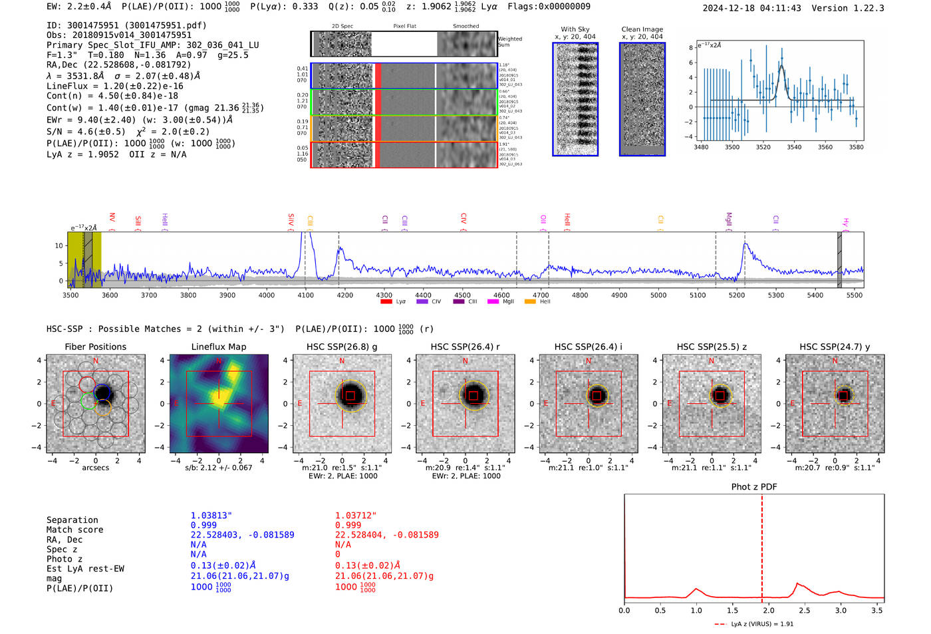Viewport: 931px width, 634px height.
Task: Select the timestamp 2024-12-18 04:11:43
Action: pos(751,8)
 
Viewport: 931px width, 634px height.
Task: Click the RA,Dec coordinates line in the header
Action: pos(118,65)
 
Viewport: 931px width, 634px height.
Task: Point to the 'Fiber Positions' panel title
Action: pos(95,347)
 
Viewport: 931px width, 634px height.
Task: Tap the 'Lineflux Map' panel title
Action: pos(218,347)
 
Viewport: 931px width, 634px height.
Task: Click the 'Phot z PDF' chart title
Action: pos(753,486)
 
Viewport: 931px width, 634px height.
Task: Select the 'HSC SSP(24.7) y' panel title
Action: pos(835,347)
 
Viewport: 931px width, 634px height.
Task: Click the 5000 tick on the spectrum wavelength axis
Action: pos(658,295)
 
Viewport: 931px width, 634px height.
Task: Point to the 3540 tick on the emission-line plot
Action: pos(794,147)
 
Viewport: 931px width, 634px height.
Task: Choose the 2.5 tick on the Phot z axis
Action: pos(805,610)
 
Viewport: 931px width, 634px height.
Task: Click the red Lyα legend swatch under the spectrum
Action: pos(386,302)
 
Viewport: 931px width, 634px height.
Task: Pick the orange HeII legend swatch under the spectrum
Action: pos(530,302)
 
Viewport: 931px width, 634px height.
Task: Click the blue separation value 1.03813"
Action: pos(211,516)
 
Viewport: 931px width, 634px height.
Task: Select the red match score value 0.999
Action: pos(348,525)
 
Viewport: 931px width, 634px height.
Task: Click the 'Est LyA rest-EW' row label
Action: pos(85,569)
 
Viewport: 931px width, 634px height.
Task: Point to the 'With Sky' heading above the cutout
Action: pos(575,29)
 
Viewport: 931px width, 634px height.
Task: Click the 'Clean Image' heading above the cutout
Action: pos(642,29)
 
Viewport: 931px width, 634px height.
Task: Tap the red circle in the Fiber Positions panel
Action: pos(87,385)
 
